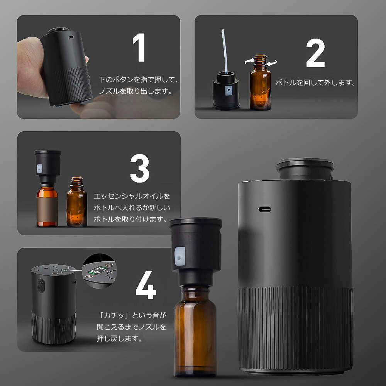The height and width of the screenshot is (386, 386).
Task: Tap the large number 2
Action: point(315,52)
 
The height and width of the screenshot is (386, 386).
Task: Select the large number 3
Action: point(140,168)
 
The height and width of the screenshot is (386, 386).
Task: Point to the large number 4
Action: point(146,285)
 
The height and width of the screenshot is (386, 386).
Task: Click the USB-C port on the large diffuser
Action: point(264,210)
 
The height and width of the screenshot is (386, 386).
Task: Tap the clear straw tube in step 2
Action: point(225,51)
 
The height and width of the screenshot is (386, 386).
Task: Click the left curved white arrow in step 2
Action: point(249,61)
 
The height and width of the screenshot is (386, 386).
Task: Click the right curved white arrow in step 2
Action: point(271,63)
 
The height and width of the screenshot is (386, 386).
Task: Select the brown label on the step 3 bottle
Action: point(47,209)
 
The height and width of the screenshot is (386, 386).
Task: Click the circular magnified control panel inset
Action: point(100,271)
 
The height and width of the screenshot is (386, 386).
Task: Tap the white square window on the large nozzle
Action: point(180,256)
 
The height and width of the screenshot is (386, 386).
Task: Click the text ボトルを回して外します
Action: point(315,83)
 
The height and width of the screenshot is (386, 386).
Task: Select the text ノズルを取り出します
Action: point(135,91)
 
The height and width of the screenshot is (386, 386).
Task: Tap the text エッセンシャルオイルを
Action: point(132,196)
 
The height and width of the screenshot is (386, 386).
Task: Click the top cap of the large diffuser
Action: point(305,169)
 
